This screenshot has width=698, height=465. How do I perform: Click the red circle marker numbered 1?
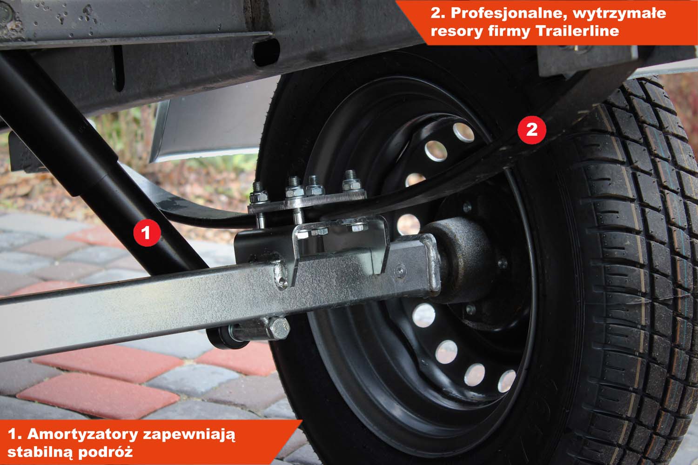[x=147, y=232]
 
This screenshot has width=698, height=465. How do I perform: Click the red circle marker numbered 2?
[x=531, y=130]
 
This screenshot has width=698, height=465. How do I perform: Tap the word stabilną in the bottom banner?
[x=40, y=452]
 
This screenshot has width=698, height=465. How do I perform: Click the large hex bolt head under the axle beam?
[x=278, y=328]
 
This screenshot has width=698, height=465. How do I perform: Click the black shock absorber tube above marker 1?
[x=62, y=131]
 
